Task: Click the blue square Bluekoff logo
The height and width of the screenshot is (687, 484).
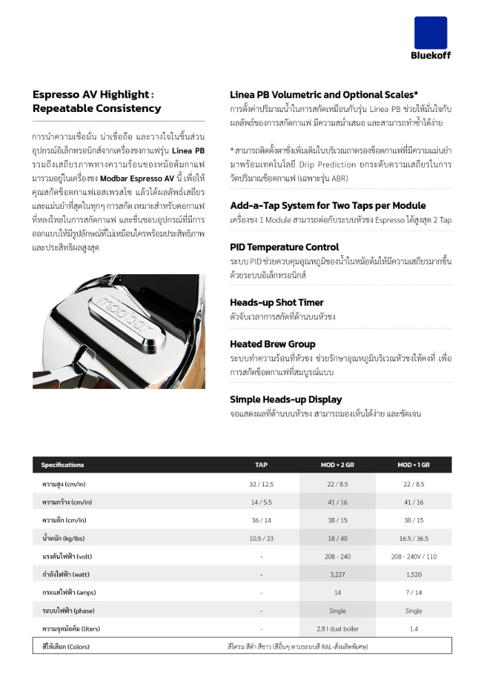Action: coord(430,32)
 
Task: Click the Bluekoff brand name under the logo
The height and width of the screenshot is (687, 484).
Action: coord(431,56)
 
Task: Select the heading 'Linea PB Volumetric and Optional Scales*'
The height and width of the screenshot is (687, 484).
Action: coord(324,95)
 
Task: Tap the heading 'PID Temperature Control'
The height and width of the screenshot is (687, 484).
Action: coord(283,247)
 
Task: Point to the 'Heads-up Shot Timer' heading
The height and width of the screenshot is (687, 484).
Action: coord(276,302)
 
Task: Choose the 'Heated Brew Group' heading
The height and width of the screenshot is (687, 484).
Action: coord(273,343)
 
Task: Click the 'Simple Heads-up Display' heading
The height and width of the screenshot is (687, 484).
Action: coord(285,399)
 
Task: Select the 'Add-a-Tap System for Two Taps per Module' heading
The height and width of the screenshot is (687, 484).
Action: coord(328,205)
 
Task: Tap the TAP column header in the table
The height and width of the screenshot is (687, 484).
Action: coord(261,465)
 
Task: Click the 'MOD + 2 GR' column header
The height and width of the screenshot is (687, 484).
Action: coord(338,465)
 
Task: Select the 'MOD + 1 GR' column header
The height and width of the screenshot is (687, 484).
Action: coord(414,465)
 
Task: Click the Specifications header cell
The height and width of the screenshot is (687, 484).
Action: coord(63,465)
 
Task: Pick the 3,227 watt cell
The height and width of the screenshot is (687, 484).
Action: coord(338,574)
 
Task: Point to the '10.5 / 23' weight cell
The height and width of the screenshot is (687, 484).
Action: coord(261,538)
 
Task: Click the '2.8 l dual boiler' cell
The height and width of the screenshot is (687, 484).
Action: coord(338,629)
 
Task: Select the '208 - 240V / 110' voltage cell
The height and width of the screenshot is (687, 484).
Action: coord(414,556)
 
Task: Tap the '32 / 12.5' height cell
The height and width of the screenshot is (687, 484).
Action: coord(261,484)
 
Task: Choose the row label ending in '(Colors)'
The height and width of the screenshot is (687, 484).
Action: coord(65,646)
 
